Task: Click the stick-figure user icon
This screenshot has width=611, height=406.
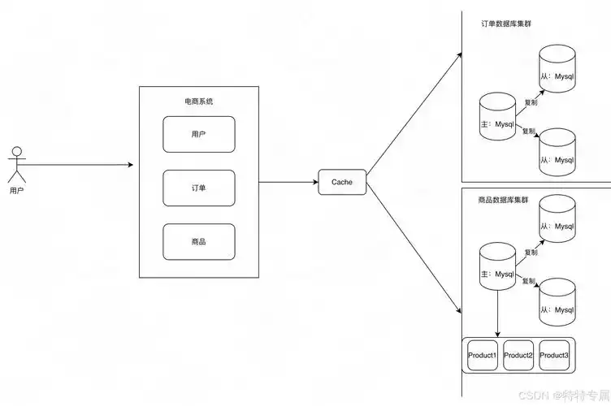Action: coord(17,164)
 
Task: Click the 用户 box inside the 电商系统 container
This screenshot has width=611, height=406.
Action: coord(199,134)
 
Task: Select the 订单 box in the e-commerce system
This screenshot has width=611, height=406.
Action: coord(199,188)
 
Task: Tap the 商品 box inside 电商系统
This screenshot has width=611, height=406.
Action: coord(199,242)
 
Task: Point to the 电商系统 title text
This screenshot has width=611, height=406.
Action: coord(199,101)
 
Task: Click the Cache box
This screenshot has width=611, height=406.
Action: coord(342,182)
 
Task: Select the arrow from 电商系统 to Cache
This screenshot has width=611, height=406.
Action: coord(288,182)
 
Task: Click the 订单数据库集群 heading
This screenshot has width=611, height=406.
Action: coord(506,24)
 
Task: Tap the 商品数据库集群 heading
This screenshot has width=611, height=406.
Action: coord(503,200)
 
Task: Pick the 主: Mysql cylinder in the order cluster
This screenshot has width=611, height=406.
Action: coord(497,116)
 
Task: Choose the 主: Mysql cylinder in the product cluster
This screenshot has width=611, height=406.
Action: coord(497,266)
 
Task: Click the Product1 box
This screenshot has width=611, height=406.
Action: coord(483,355)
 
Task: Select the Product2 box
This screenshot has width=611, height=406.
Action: coord(518,355)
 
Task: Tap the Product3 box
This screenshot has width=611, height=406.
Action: coord(554,355)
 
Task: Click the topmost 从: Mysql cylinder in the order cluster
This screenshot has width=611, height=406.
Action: coord(557,68)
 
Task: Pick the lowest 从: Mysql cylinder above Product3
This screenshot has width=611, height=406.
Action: coord(557,302)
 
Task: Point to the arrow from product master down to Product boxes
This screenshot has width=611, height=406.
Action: coord(497,313)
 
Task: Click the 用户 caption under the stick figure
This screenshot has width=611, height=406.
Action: coord(17,191)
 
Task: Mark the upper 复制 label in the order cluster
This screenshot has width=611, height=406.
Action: coord(531,102)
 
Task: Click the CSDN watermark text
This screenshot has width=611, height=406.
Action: coord(564,396)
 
